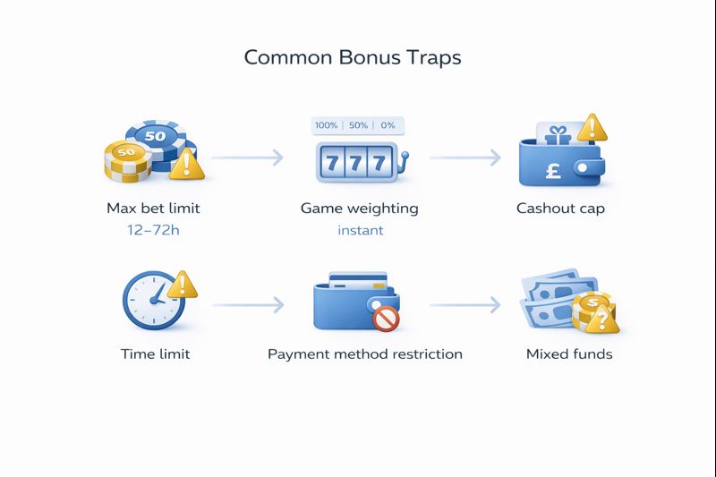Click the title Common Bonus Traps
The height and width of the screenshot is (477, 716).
click(x=353, y=57)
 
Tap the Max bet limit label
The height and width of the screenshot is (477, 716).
click(x=153, y=209)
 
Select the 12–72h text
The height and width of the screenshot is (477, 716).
click(x=153, y=230)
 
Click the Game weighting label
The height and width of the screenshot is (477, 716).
click(x=359, y=209)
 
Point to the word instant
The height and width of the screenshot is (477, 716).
click(x=360, y=230)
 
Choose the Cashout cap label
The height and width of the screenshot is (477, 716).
click(x=560, y=209)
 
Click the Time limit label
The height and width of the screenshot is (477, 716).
click(x=155, y=354)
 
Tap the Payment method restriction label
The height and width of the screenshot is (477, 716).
click(x=365, y=354)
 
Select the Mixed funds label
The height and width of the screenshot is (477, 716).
click(x=569, y=354)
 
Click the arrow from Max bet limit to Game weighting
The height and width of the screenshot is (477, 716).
click(x=248, y=158)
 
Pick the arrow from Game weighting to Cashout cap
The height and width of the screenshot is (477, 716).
click(x=465, y=158)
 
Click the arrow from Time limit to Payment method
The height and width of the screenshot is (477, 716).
click(x=248, y=306)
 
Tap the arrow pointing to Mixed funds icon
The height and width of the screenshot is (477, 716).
click(x=465, y=306)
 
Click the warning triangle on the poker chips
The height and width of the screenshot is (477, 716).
click(x=186, y=165)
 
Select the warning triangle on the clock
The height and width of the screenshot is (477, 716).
click(x=183, y=285)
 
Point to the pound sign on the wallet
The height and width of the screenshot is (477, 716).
click(x=553, y=169)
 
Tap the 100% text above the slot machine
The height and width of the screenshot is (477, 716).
click(x=326, y=125)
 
